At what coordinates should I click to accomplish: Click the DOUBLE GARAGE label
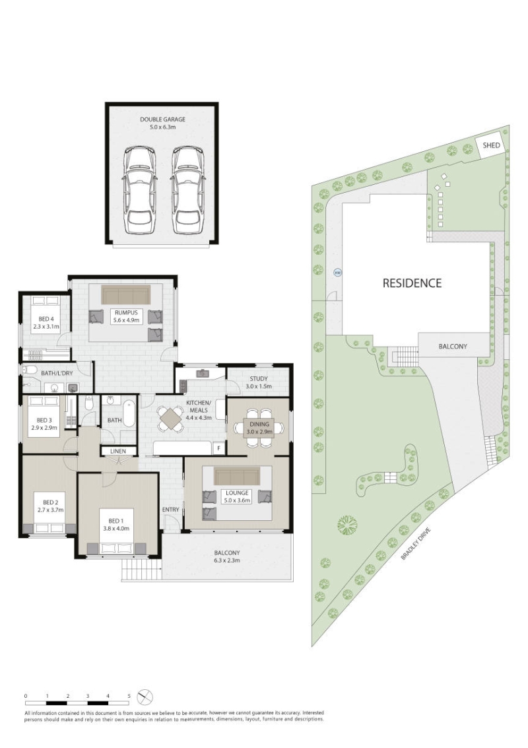point(162,119)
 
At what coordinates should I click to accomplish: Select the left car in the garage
point(139,189)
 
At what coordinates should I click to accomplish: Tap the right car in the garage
point(188,189)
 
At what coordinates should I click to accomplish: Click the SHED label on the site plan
point(491,145)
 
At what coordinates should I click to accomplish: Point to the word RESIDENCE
point(412,283)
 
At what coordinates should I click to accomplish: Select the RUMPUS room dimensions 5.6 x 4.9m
point(126,320)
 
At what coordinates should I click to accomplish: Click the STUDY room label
point(259,379)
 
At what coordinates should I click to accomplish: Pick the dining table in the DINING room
point(259,426)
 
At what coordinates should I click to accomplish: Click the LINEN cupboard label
point(118,451)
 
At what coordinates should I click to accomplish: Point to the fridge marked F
point(219,448)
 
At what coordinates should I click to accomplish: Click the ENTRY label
point(171,510)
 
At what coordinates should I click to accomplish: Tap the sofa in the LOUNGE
point(236,475)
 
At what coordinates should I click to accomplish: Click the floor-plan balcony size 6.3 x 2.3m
point(226,560)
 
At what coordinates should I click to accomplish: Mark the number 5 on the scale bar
point(129,696)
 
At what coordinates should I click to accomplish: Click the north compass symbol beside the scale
point(145,697)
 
